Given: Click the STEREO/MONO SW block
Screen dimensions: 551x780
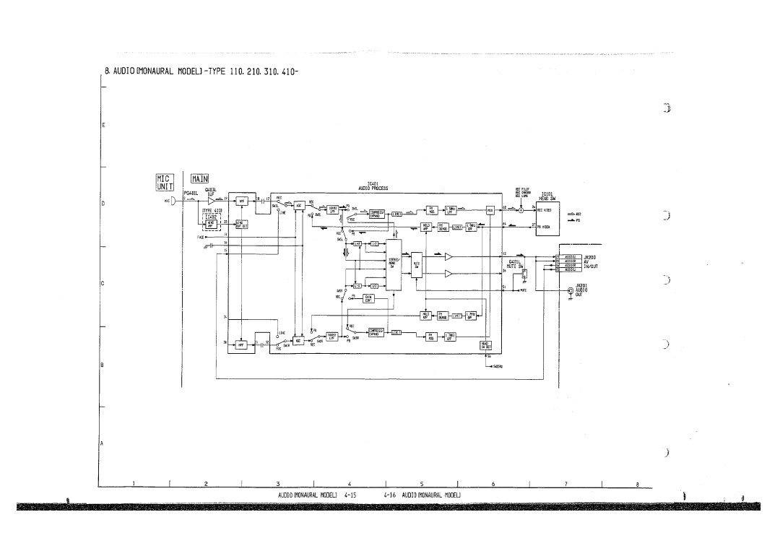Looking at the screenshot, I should tap(394, 264).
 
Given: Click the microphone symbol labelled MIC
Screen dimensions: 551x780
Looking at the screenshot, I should tap(177, 200).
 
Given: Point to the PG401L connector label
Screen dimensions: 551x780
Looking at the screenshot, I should tap(191, 192).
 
